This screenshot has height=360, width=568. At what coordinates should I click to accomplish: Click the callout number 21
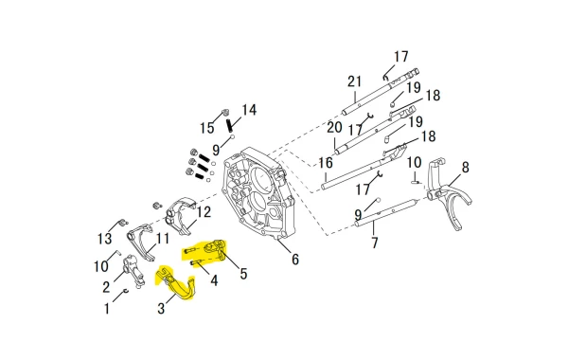coord(354,81)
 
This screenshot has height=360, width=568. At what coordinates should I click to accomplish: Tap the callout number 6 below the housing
coord(295,260)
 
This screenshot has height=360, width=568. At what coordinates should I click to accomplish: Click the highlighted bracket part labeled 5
coord(215,251)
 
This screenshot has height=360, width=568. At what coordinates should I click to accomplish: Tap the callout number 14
coord(249,110)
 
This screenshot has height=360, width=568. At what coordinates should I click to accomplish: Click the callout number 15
coord(206,128)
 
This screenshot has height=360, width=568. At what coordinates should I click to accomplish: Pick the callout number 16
coord(326,163)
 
